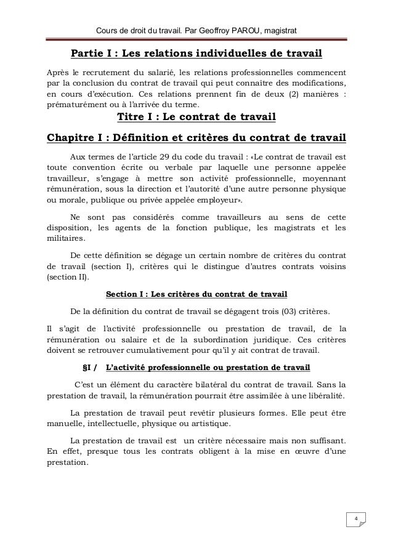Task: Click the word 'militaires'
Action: tap(68, 240)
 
